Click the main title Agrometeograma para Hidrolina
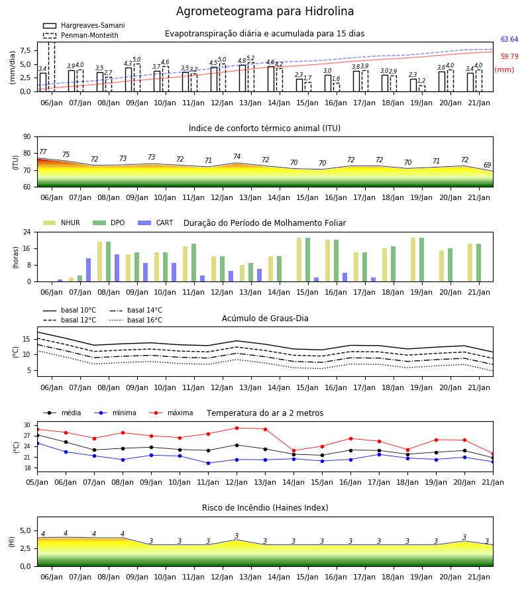[265, 11]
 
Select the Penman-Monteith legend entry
[81, 35]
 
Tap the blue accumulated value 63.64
[509, 40]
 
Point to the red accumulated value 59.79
[509, 57]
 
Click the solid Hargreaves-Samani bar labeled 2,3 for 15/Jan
[299, 85]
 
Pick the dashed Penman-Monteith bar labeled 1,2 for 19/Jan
[421, 88]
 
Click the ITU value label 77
[42, 152]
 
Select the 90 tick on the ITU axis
[26, 137]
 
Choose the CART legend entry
[156, 223]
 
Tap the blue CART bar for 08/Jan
[117, 268]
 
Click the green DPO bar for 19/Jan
[421, 260]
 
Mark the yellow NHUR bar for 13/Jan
[242, 273]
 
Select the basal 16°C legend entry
[136, 320]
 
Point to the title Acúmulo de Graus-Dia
[265, 319]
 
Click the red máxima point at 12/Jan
[237, 428]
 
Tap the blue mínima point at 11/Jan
[208, 464]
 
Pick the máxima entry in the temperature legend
[172, 413]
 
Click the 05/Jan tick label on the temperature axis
[37, 482]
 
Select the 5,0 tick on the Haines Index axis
[25, 530]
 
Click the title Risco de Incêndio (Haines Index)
[265, 508]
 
